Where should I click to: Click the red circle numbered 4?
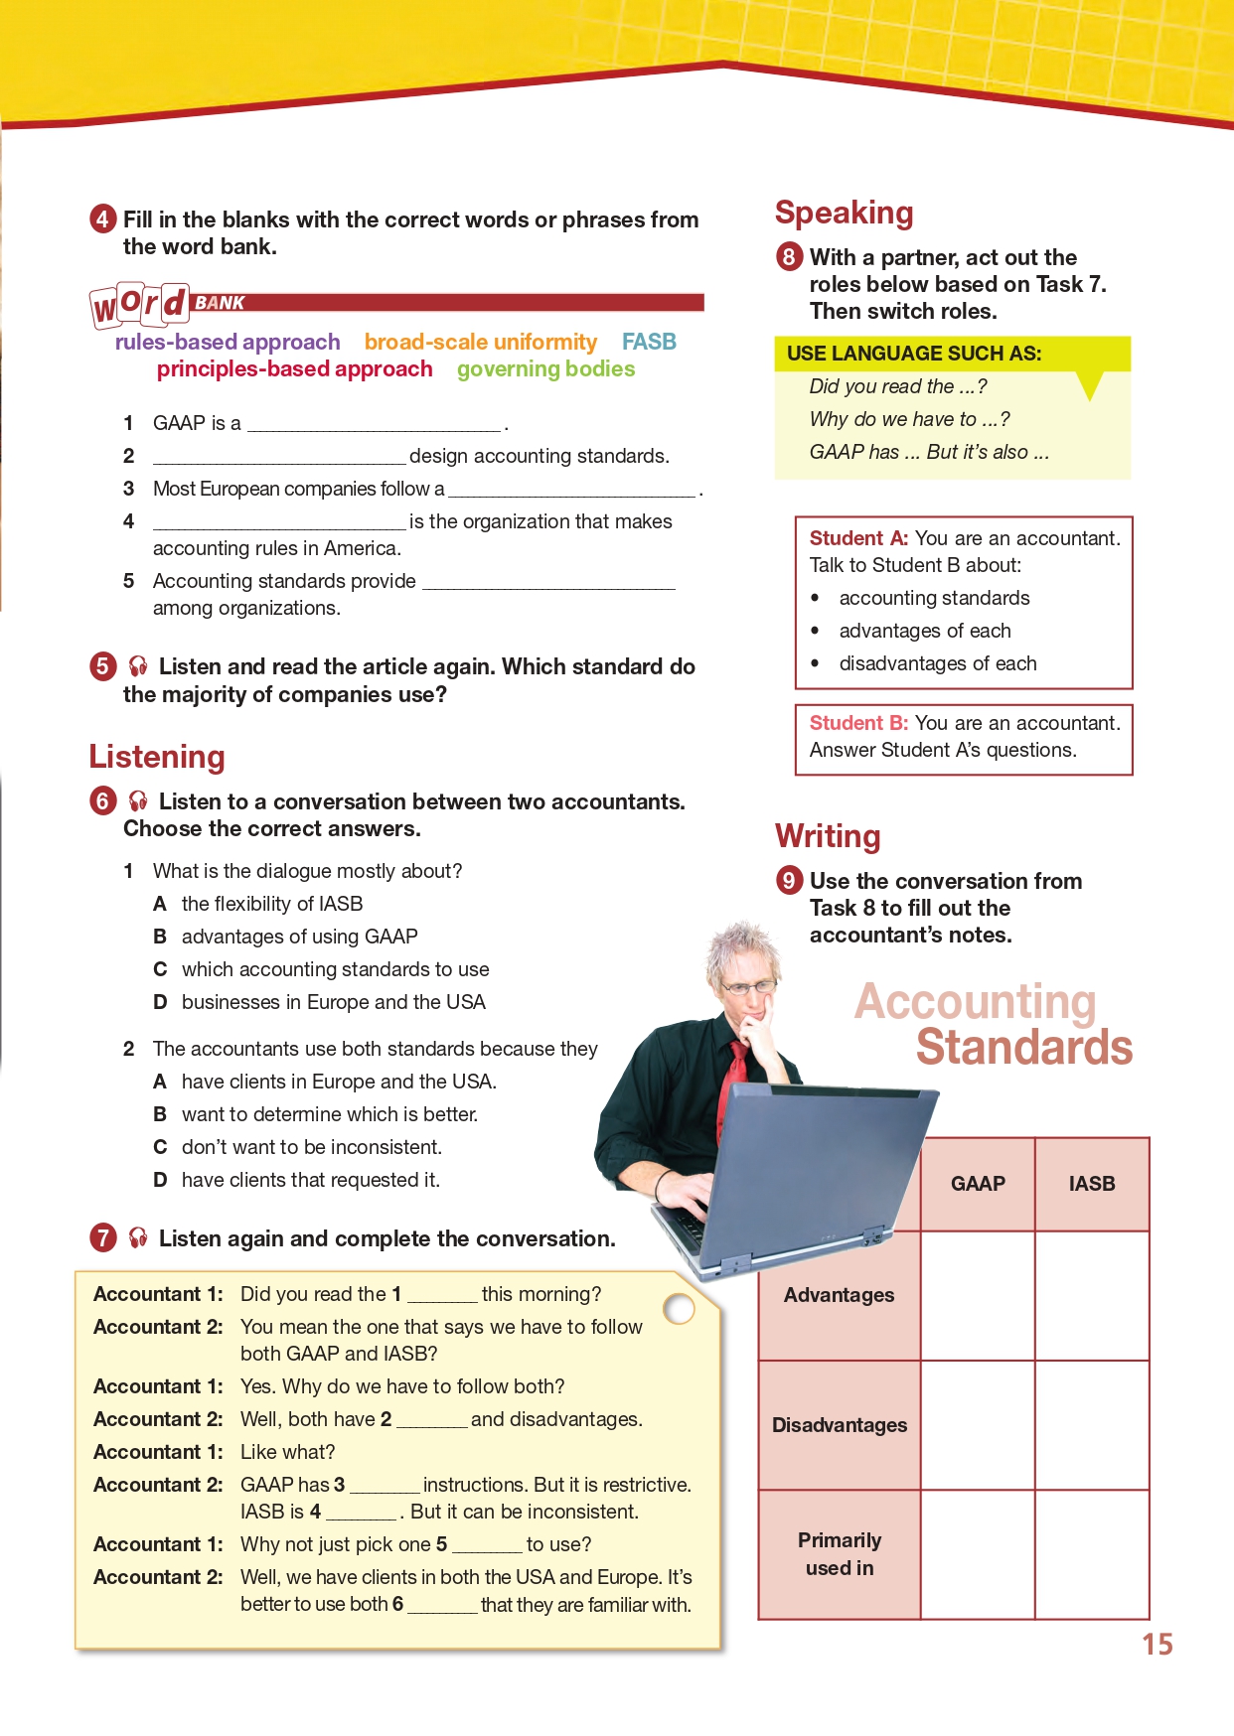[x=103, y=218]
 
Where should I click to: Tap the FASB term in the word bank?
[x=649, y=342]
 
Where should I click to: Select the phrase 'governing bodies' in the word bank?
[x=545, y=369]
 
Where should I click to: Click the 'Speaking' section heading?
[x=844, y=213]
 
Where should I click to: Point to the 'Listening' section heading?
[x=157, y=757]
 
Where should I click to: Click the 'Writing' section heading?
[x=828, y=836]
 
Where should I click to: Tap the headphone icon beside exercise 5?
[x=138, y=666]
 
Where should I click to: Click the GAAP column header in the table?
[x=978, y=1184]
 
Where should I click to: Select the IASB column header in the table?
[x=1092, y=1184]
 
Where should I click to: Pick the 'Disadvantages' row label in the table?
[x=840, y=1425]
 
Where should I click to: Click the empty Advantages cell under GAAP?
[x=978, y=1295]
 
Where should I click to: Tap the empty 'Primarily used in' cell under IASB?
[x=1092, y=1554]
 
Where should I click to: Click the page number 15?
[x=1157, y=1645]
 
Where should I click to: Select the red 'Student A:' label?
[x=858, y=538]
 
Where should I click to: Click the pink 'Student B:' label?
[x=858, y=723]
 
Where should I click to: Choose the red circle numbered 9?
[x=789, y=880]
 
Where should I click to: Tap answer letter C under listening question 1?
[x=160, y=969]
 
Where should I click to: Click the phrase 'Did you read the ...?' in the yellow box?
[x=898, y=386]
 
